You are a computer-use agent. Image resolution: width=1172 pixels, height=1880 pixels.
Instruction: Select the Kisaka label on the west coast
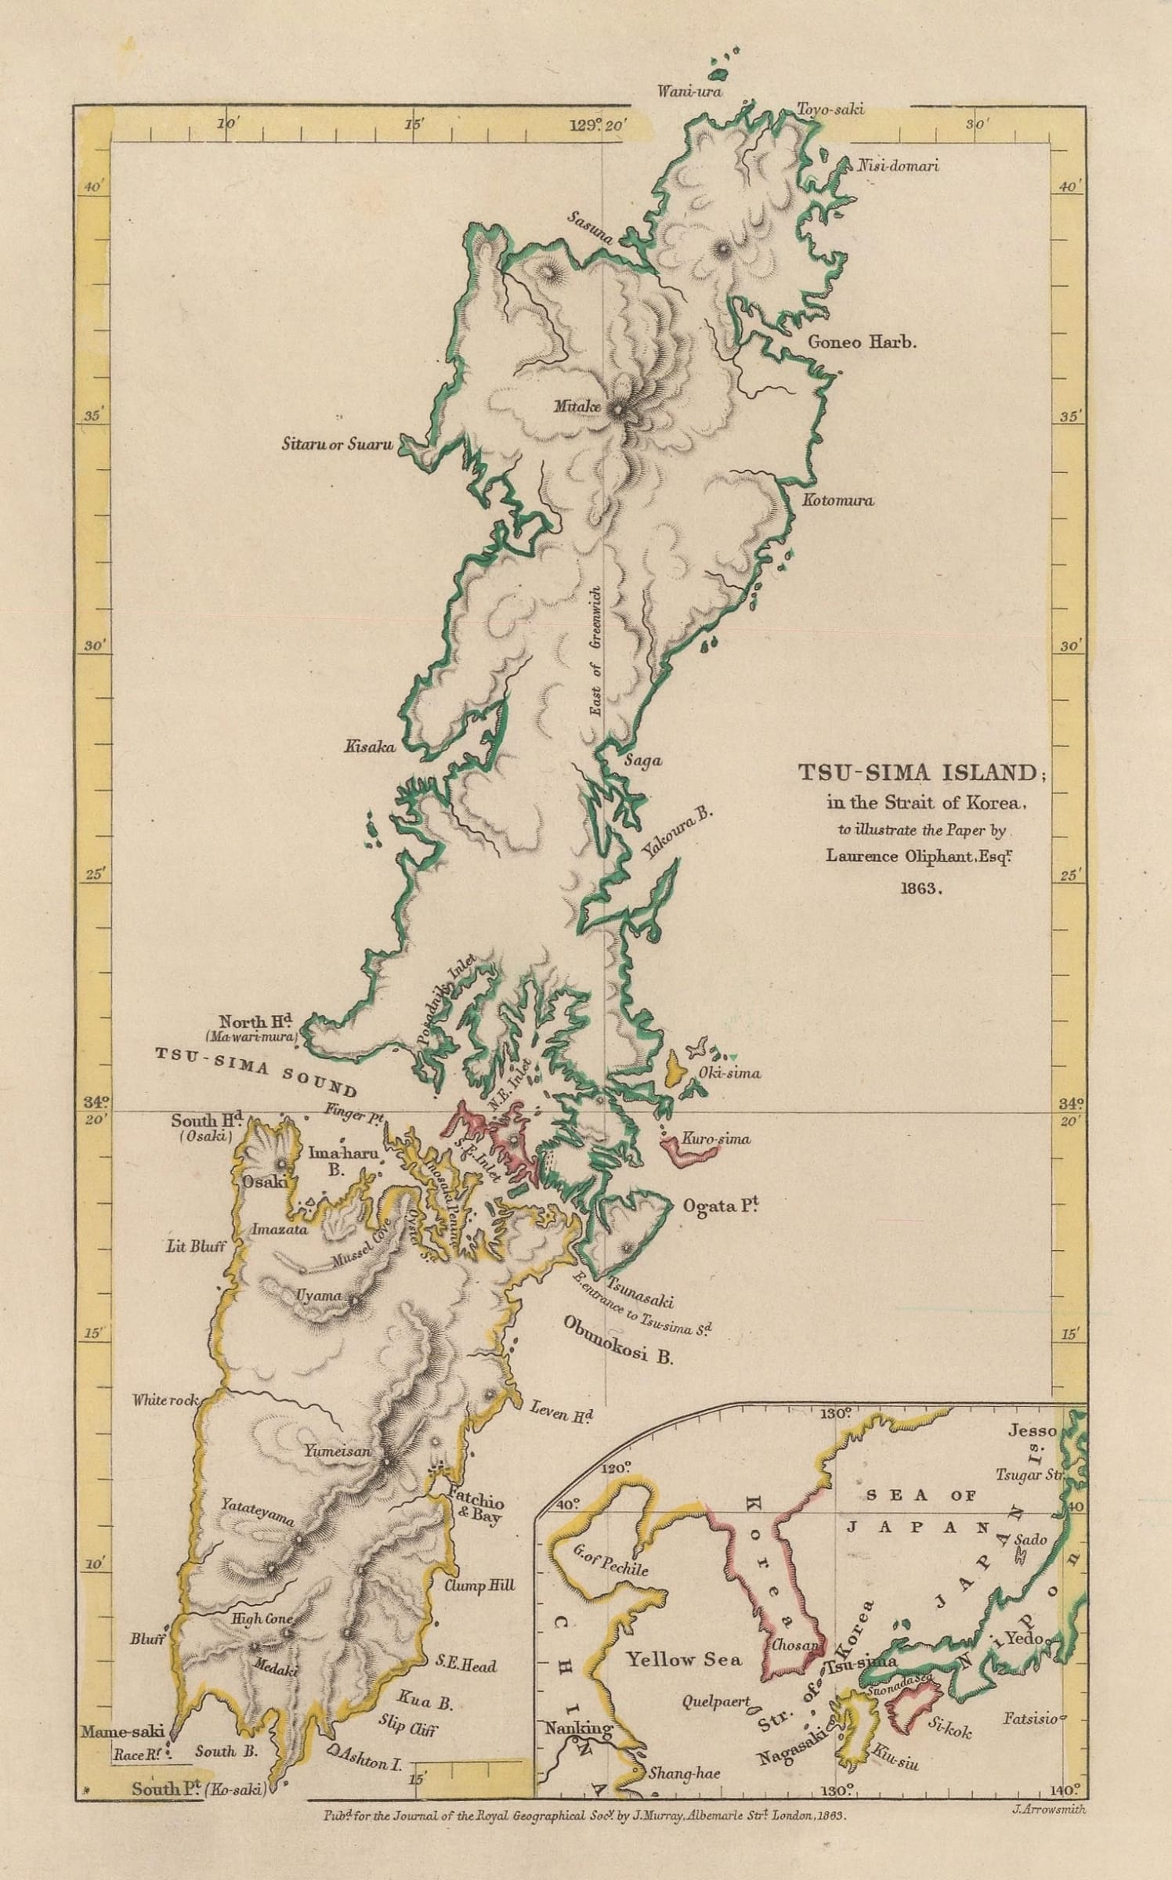370,747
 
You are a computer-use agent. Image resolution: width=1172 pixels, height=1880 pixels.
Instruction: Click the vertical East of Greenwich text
596,650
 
